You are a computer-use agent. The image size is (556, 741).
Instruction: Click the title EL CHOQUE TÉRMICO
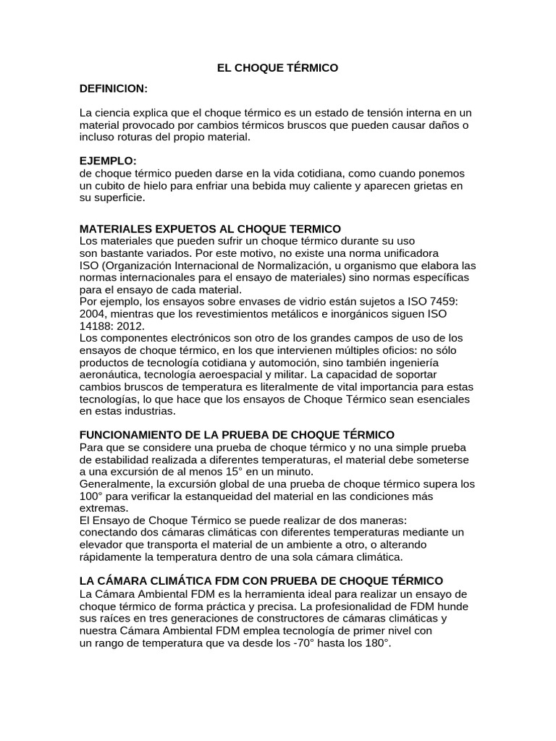(278, 68)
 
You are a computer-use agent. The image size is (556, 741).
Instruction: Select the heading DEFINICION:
(114, 88)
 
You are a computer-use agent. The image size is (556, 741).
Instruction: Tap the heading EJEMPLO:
(108, 161)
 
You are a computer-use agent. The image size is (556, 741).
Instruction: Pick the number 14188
(95, 326)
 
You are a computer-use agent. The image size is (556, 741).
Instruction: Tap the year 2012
(127, 326)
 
